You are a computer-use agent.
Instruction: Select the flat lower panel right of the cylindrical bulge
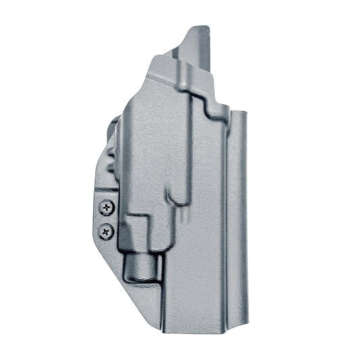pyautogui.click(x=196, y=284)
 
